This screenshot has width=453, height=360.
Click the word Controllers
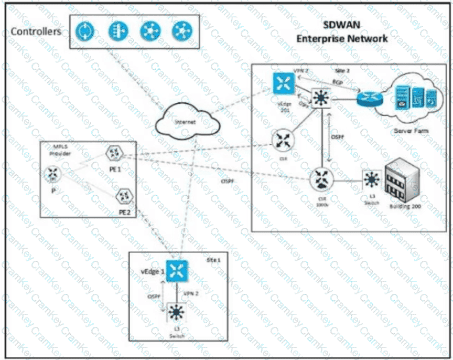36,31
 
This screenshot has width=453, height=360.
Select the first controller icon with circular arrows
83,31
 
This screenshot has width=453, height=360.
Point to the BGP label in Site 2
337,82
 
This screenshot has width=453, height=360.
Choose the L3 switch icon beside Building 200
372,180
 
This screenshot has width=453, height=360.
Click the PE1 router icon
112,154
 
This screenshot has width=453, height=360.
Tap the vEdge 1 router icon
178,270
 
